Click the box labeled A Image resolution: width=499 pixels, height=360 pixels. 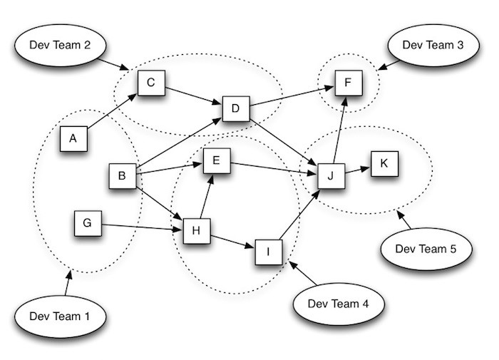[73, 138]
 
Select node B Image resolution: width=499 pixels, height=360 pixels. [122, 175]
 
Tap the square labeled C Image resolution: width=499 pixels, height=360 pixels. [151, 84]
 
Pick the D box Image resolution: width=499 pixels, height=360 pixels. [235, 109]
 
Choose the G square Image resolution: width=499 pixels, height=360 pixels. [87, 224]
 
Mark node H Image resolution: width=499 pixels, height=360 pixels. [197, 231]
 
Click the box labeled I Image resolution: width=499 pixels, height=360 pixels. [269, 251]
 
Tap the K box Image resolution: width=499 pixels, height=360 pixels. [384, 164]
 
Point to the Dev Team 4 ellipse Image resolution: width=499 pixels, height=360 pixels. [338, 303]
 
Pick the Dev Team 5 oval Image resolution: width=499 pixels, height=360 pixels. [425, 249]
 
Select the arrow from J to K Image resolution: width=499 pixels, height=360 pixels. [357, 170]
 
